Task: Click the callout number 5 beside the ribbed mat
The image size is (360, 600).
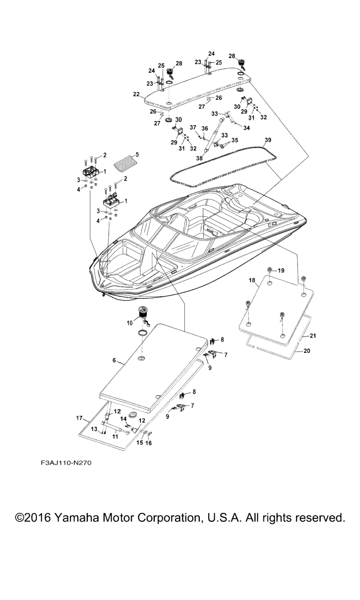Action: (x=137, y=154)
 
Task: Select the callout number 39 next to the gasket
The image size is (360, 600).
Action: (x=268, y=140)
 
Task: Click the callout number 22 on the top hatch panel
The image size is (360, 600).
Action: (x=136, y=94)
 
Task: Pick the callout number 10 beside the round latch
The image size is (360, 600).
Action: (x=130, y=322)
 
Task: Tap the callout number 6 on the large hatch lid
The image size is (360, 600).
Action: (x=114, y=360)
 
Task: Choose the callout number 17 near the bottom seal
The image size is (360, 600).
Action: (x=79, y=417)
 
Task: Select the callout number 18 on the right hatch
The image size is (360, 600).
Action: (x=252, y=280)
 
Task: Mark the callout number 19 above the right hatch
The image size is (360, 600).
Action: (x=281, y=270)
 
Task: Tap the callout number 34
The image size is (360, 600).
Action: (x=246, y=127)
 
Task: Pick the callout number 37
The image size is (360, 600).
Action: (x=193, y=127)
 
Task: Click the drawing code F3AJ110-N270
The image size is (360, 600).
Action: (x=66, y=463)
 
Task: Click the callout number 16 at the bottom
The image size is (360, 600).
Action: (x=149, y=442)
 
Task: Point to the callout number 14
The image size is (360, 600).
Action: (x=124, y=419)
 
